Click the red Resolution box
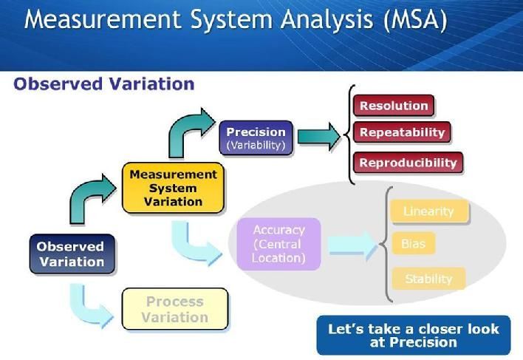tap(394, 106)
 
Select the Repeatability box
tap(402, 133)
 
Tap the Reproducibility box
tap(408, 163)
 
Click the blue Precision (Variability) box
tap(256, 138)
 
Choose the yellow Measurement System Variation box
tap(173, 188)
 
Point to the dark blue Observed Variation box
tap(72, 254)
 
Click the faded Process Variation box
tap(175, 310)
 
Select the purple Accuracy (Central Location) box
tap(278, 244)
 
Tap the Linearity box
tap(428, 211)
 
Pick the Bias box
tap(413, 243)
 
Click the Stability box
tap(428, 279)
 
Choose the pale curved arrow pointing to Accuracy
tap(194, 244)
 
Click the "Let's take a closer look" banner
tap(413, 335)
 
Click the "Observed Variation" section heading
tap(103, 84)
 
